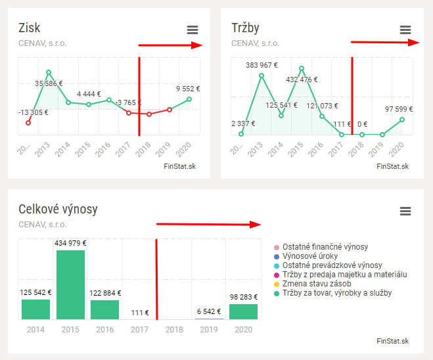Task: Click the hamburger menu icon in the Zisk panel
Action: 192,30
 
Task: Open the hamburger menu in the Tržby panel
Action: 405,30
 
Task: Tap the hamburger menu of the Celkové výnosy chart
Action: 405,211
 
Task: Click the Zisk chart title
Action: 30,28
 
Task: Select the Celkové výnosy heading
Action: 58,209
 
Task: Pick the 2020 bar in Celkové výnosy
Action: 243,311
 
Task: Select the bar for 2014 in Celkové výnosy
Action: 35,309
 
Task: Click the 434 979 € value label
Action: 70,243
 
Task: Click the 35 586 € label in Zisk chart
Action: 49,83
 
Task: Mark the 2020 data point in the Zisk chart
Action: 189,99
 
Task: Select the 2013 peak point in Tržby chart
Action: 262,76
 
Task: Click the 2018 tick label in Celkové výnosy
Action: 174,329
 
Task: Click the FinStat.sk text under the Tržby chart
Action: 393,166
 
